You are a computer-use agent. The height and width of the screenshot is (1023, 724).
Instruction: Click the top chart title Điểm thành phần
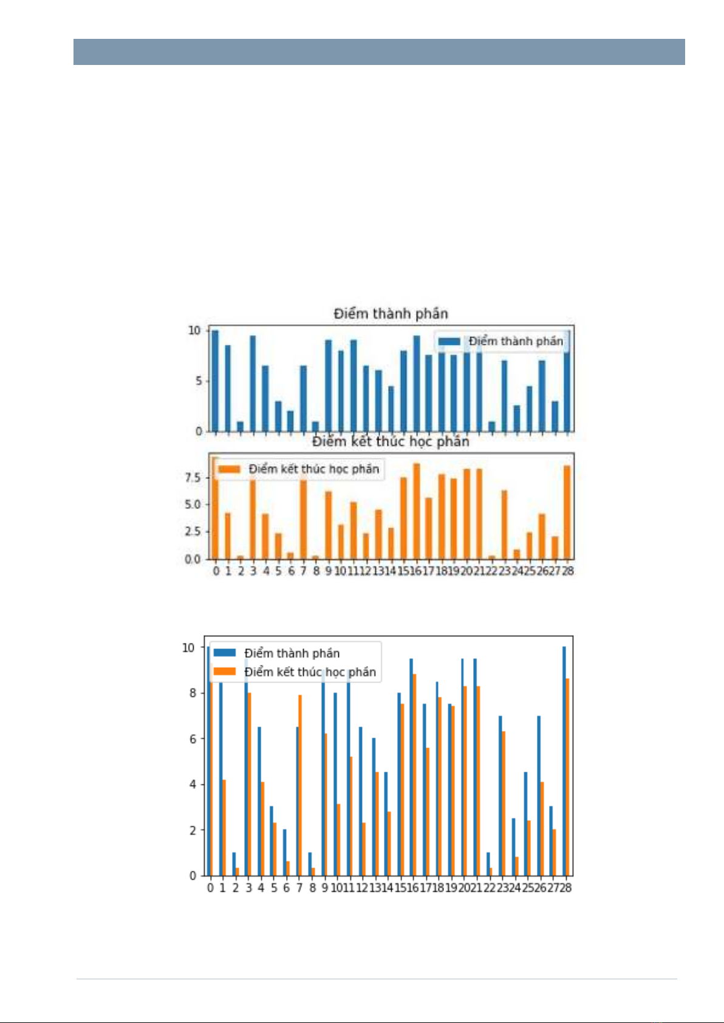391,314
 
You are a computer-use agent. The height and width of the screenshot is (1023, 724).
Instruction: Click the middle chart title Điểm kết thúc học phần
391,441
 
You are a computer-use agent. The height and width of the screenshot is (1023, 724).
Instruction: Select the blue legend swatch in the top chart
449,341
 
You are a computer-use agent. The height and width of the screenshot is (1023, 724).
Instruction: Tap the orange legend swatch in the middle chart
230,469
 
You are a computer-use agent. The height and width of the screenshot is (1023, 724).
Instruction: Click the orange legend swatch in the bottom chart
225,671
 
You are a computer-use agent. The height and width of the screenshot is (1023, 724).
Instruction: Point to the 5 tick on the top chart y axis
198,381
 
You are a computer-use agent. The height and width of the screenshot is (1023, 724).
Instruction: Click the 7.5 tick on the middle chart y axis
193,478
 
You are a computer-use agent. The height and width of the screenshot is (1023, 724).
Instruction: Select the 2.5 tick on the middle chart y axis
193,532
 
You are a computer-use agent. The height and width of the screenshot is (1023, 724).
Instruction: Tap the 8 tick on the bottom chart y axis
192,693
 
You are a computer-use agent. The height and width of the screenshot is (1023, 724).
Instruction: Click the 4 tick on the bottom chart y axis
192,784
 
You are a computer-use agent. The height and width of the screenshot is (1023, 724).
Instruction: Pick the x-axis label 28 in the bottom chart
565,888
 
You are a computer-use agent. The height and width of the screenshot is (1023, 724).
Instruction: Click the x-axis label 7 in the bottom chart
299,888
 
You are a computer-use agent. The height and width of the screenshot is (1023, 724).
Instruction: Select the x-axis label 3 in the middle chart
253,571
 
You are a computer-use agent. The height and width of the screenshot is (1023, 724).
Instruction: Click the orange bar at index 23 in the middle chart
504,525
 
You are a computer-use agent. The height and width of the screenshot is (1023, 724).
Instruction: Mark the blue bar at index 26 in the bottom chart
538,795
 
